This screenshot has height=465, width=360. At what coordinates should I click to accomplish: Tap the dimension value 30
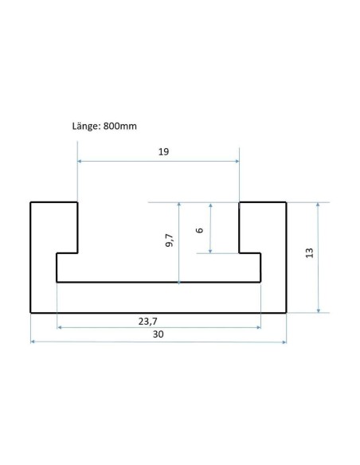(158, 335)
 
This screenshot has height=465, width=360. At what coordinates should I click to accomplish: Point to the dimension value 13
(310, 252)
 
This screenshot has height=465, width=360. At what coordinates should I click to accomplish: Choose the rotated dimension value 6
(199, 229)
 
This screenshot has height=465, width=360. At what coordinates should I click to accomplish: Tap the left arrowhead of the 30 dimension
(33, 342)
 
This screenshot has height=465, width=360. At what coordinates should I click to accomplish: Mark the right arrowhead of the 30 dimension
(284, 342)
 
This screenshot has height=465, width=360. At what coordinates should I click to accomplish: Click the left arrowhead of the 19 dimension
(80, 162)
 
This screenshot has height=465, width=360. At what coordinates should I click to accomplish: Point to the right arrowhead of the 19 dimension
(237, 162)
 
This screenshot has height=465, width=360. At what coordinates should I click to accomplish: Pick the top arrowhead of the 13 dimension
(319, 205)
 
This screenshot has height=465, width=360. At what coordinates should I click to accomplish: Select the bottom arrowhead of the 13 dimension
(319, 310)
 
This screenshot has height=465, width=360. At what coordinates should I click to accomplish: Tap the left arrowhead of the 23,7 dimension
(60, 327)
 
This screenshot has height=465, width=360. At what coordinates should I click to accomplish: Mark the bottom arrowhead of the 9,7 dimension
(180, 279)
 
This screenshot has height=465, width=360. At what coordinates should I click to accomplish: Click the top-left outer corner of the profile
(31, 203)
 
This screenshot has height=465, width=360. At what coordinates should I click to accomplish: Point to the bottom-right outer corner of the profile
(286, 312)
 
